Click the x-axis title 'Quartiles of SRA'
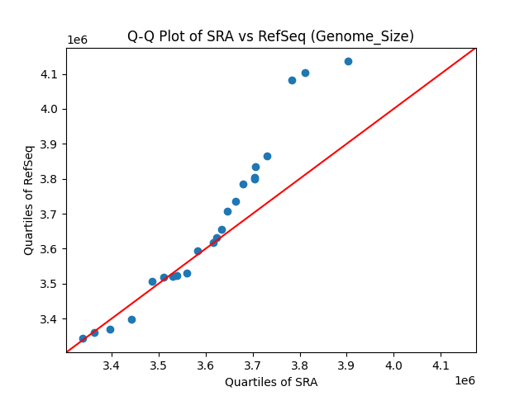pos(270,382)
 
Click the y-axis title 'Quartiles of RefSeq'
pos(29,200)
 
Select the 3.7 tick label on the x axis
pos(252,365)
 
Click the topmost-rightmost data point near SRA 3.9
pos(348,61)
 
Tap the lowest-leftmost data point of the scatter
pos(83,338)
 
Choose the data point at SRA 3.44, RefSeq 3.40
pos(131,319)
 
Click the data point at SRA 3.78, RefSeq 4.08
pos(292,80)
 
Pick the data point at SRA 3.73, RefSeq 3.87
pos(267,156)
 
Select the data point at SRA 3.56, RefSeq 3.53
pos(187,273)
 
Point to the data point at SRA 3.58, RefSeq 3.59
pos(198,251)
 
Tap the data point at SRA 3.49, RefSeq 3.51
pos(152,281)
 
